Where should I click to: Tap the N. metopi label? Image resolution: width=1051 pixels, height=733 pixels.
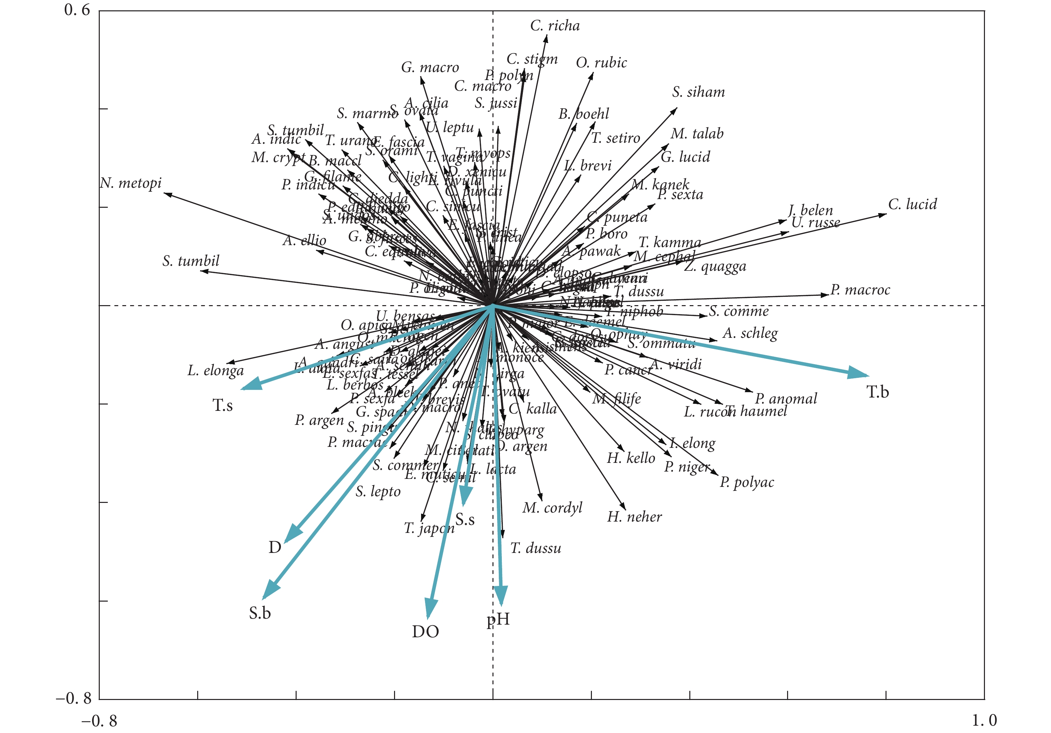[131, 183]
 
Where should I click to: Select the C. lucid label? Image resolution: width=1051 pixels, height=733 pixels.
[912, 204]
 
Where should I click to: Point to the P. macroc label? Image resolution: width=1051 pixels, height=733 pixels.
[860, 290]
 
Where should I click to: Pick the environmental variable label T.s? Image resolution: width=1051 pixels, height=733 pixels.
[223, 406]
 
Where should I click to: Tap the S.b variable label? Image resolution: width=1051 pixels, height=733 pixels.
[260, 613]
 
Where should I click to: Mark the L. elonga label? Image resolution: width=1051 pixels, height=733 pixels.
[215, 371]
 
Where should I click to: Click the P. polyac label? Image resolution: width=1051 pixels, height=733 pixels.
[747, 482]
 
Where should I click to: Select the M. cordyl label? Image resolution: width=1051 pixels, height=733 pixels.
[552, 508]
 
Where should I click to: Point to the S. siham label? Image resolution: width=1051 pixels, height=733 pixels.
[698, 92]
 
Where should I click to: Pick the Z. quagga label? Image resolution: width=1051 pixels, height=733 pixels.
[715, 266]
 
